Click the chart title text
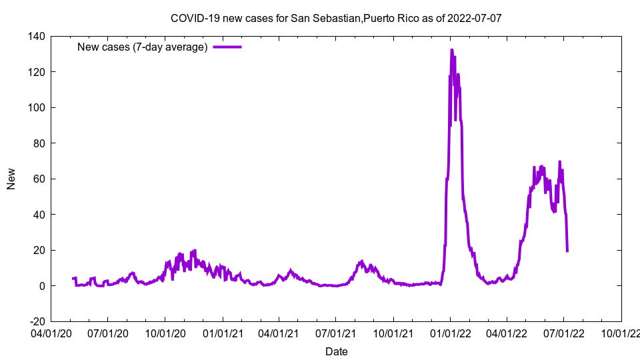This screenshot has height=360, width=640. (336, 18)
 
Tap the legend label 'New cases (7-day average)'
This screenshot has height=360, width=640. (143, 47)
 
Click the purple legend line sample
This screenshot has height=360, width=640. (227, 47)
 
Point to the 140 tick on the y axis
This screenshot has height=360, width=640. (35, 36)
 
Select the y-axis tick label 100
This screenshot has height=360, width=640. (35, 107)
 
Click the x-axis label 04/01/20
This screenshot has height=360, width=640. (51, 332)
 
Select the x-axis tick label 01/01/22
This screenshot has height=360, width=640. (450, 332)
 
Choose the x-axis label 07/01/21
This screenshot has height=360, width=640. (336, 332)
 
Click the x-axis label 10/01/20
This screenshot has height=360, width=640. (165, 332)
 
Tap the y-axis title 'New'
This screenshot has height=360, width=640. (11, 179)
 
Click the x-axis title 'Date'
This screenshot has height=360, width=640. (336, 351)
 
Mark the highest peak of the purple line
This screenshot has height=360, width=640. (451, 50)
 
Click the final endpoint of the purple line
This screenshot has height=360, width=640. (567, 251)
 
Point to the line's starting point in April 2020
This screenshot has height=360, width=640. (73, 279)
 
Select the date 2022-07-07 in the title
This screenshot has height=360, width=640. (474, 18)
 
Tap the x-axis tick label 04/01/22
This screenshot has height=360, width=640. (507, 332)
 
